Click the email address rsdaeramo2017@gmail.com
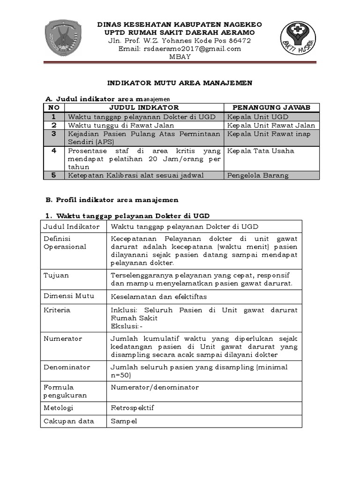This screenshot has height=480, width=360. click(180, 48)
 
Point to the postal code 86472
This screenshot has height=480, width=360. click(237, 40)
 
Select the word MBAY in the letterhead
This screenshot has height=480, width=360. click(180, 57)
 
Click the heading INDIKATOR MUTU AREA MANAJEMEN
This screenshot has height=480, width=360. click(180, 83)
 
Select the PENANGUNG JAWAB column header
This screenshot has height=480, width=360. click(271, 108)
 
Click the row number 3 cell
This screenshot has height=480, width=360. click(54, 134)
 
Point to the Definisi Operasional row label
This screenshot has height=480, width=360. click(65, 243)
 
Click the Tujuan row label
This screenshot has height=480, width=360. click(56, 275)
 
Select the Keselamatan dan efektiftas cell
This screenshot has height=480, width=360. click(158, 297)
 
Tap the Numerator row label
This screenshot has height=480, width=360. click(63, 338)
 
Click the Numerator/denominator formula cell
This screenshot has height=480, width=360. click(155, 387)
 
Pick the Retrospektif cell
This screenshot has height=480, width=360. click(132, 408)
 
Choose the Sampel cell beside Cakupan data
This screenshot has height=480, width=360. click(124, 421)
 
